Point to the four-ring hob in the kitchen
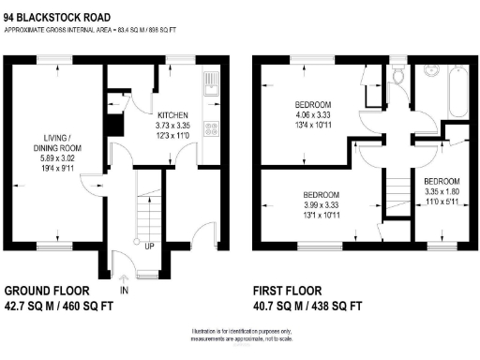coord(213,130)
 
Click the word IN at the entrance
coord(124,292)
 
